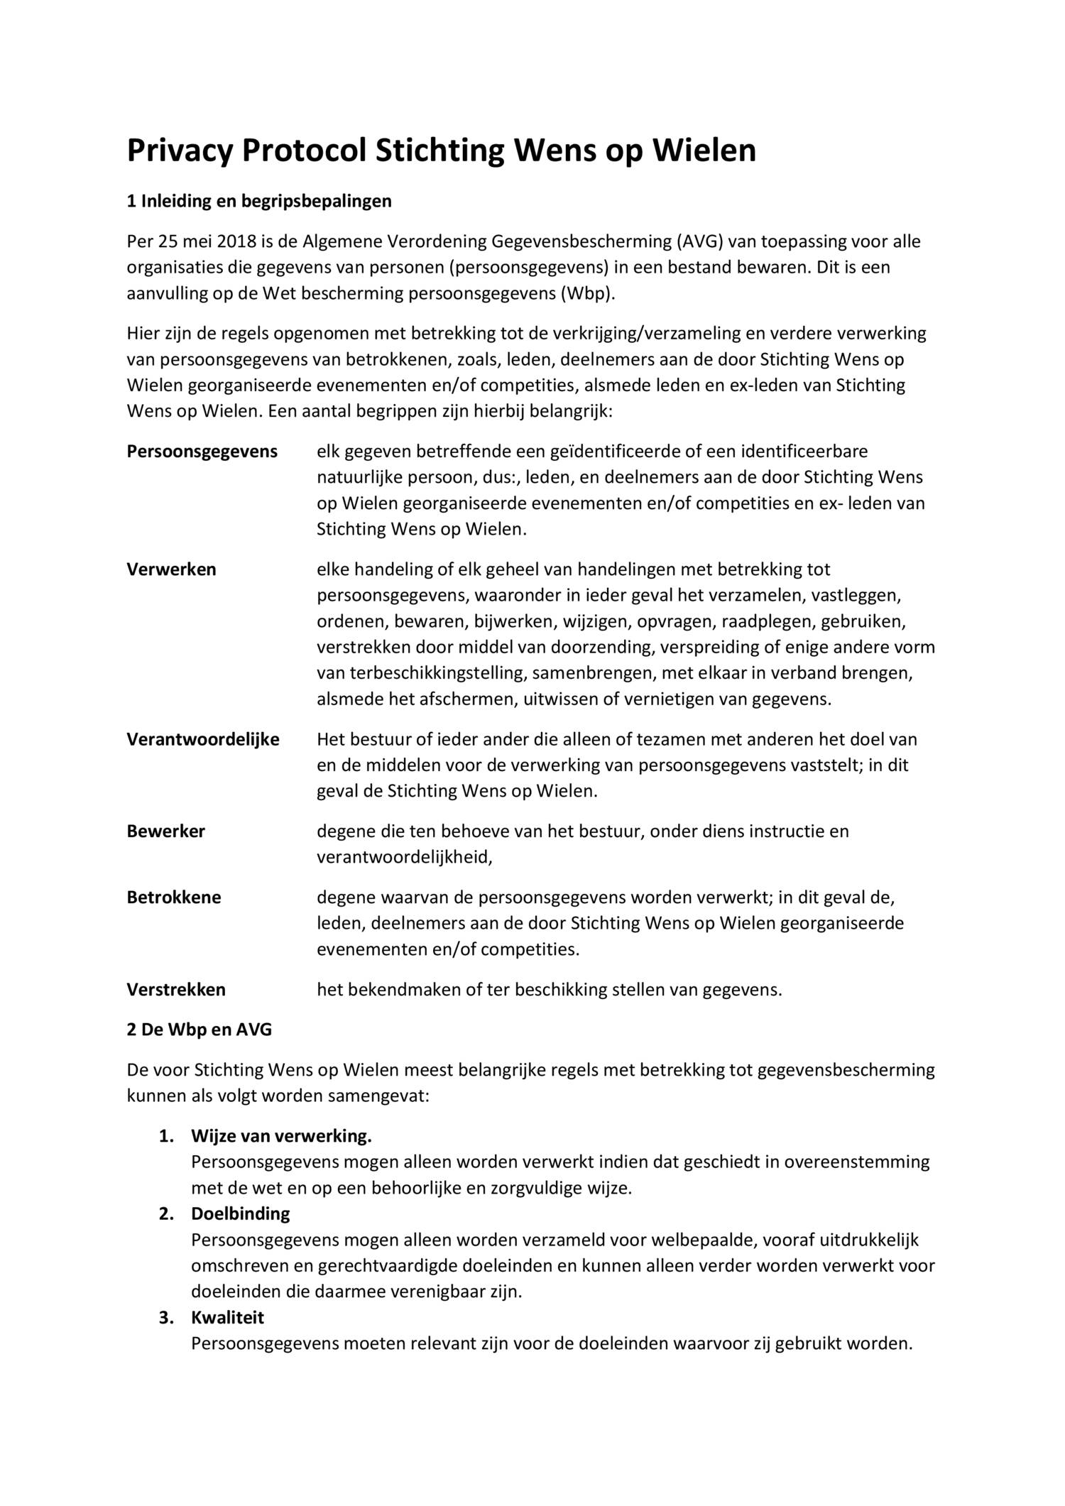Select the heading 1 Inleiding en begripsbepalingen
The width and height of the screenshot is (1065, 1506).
coord(259,202)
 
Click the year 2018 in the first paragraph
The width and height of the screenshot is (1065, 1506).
coord(237,242)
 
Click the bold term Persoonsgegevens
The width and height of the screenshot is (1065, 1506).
coord(202,452)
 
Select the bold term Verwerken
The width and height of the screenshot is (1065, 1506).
coord(171,569)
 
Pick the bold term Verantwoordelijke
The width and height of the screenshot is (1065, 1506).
coord(203,740)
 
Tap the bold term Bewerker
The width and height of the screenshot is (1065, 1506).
coord(165,831)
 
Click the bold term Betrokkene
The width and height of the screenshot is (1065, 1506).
coord(174,897)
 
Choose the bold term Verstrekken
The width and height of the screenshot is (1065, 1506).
coord(176,990)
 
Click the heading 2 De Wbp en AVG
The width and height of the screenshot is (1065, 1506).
coord(199,1030)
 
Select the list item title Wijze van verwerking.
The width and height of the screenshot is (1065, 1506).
coord(281,1136)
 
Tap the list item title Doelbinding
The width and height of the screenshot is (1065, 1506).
coord(241,1213)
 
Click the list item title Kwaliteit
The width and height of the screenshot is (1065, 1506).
coord(227,1317)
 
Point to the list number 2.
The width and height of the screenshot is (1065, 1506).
coord(166,1213)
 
